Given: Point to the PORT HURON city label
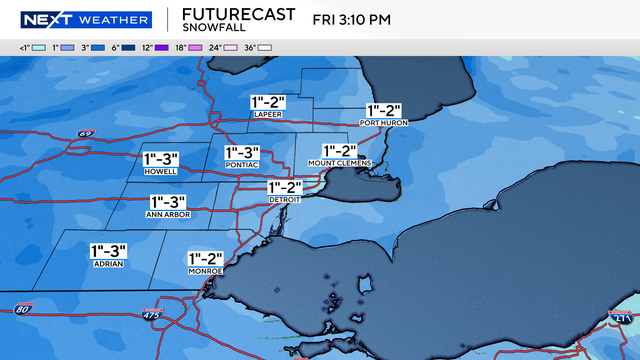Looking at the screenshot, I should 383,123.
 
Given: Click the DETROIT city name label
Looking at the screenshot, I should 285,200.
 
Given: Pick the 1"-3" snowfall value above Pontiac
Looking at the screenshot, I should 244,152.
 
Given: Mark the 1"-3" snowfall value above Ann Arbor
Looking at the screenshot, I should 168,202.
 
